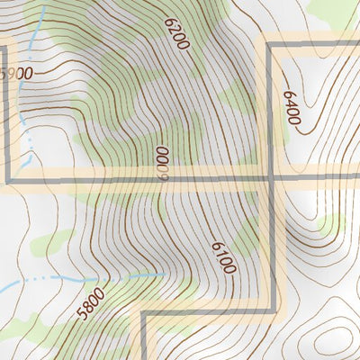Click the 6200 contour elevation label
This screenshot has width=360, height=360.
(x=177, y=32)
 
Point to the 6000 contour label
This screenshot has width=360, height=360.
(x=163, y=164)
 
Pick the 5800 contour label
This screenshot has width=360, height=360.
(x=91, y=305)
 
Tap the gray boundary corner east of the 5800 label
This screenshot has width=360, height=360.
(x=143, y=312)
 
